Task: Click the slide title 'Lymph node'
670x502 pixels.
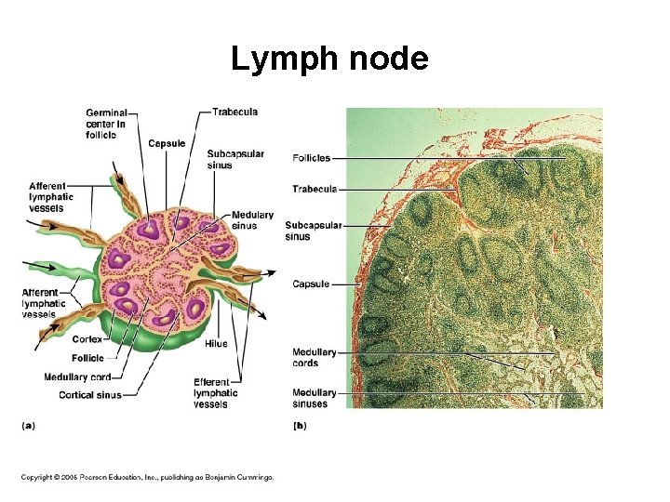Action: click(x=329, y=59)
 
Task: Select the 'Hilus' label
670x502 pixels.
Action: click(x=215, y=344)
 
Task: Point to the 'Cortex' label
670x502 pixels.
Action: click(x=87, y=338)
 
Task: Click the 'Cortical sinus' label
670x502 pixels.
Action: click(x=89, y=395)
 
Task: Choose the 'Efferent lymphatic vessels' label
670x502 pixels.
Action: click(x=215, y=393)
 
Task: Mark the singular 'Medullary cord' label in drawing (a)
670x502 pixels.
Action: click(x=77, y=376)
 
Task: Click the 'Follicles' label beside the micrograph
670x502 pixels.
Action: click(x=311, y=158)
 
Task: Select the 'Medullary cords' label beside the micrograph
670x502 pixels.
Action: click(x=314, y=358)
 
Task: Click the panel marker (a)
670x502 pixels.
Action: click(x=28, y=426)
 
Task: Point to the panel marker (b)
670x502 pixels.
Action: click(x=300, y=426)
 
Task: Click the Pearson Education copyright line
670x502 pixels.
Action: click(x=148, y=477)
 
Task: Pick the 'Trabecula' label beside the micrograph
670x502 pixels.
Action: click(x=314, y=189)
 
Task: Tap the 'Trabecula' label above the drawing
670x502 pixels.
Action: click(x=234, y=112)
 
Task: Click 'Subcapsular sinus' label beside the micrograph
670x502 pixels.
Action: click(x=314, y=231)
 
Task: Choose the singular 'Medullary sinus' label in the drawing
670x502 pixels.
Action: click(x=252, y=220)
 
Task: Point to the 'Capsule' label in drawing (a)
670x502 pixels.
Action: click(x=167, y=143)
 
